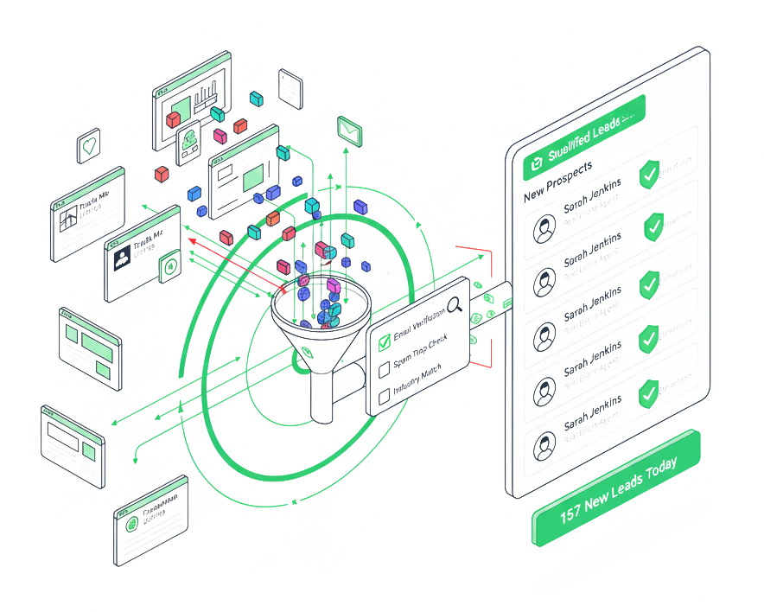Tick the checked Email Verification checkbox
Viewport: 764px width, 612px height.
pyautogui.click(x=385, y=344)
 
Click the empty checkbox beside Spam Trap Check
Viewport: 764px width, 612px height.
pyautogui.click(x=385, y=370)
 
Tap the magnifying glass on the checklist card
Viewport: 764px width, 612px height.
pyautogui.click(x=455, y=304)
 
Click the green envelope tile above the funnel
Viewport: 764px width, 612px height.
pyautogui.click(x=348, y=130)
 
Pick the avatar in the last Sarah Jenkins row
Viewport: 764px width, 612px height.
pyautogui.click(x=544, y=447)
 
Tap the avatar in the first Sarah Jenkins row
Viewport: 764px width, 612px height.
pyautogui.click(x=544, y=230)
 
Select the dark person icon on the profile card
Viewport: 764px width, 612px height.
pyautogui.click(x=120, y=256)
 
